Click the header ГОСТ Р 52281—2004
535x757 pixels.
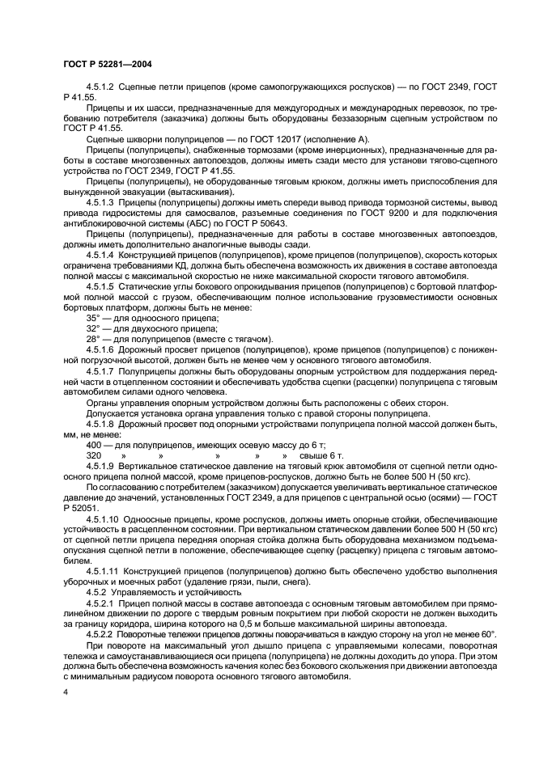(x=107, y=63)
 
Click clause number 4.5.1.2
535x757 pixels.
(x=100, y=85)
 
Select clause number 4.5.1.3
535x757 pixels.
(x=100, y=203)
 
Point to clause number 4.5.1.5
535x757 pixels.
(x=100, y=286)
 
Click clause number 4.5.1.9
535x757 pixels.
(x=100, y=466)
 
